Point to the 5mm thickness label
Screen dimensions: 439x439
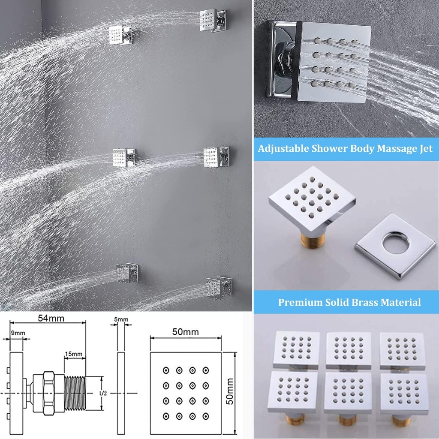(x=121, y=319)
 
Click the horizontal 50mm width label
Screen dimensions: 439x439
(x=186, y=332)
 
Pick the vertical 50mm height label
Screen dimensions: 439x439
(x=230, y=391)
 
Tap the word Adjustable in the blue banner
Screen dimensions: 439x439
(x=284, y=149)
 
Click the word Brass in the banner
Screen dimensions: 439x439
(x=359, y=302)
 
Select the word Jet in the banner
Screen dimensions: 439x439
(x=424, y=149)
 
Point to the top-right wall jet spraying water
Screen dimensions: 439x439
(x=213, y=20)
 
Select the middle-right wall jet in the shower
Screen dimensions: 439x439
(x=215, y=156)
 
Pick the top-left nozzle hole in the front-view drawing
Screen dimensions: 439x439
(x=165, y=370)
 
